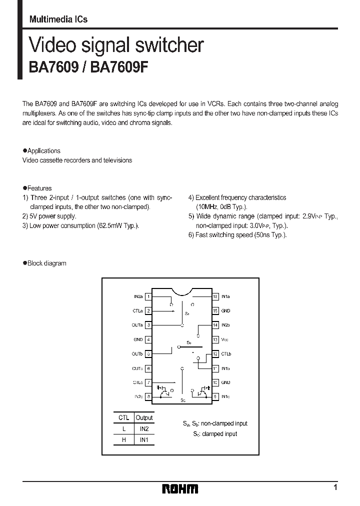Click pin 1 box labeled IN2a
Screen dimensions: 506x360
click(148, 296)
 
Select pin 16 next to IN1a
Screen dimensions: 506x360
click(215, 296)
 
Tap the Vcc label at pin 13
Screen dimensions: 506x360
click(224, 339)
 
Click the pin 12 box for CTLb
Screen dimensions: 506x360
click(215, 354)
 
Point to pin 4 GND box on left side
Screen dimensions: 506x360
click(148, 339)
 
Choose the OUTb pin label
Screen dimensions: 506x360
click(137, 354)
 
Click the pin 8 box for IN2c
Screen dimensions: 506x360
click(148, 397)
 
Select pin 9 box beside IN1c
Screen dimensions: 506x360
click(215, 397)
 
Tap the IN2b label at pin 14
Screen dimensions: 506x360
click(225, 325)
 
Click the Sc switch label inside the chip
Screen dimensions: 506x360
click(183, 400)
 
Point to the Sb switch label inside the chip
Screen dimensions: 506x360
click(189, 342)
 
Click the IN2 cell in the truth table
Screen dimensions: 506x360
click(144, 429)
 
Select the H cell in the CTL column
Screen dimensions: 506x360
click(123, 440)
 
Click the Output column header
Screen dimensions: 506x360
click(144, 418)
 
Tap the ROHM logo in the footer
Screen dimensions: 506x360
click(180, 488)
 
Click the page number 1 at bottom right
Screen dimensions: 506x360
click(335, 487)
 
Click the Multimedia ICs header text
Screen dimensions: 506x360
click(58, 19)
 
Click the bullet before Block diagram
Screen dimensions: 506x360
click(24, 263)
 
